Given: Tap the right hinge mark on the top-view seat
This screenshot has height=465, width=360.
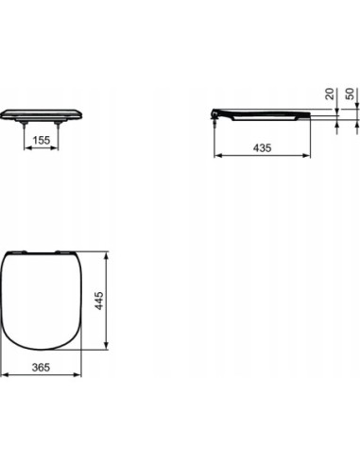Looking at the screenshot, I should pos(61,252).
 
